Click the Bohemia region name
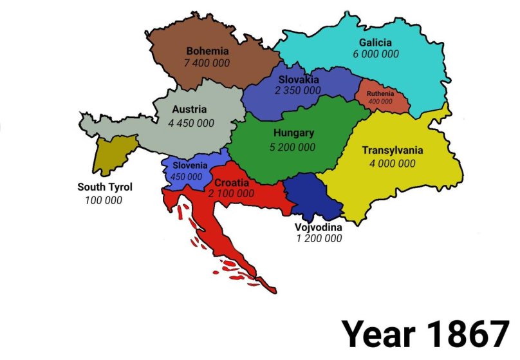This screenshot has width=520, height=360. tap(207, 50)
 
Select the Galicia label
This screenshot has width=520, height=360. tap(375, 43)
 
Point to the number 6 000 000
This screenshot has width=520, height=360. tap(375, 54)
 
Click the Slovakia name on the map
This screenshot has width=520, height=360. tap(298, 79)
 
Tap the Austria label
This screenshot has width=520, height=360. tap(189, 109)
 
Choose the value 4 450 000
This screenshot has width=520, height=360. tap(191, 122)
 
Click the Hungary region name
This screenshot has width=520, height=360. tap(293, 133)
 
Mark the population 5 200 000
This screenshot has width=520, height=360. tap(293, 147)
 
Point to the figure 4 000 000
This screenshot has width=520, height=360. tap(392, 164)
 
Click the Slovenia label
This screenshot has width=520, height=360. tap(189, 166)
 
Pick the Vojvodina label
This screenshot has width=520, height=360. tap(319, 227)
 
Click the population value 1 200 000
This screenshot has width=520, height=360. tap(319, 238)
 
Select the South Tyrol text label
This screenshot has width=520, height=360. tap(105, 187)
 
